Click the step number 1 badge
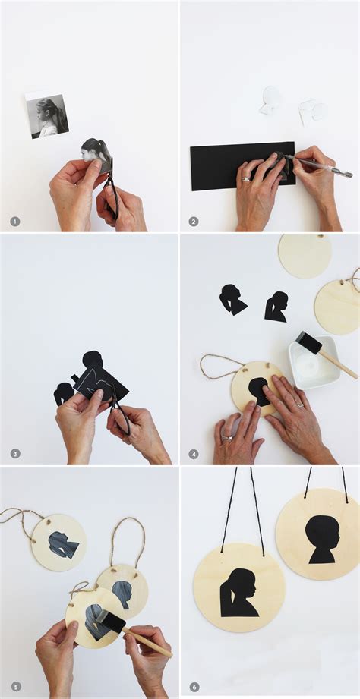coord(14,222)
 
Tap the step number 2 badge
coord(194,222)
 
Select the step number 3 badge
coord(14,454)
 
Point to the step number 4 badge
coord(194,454)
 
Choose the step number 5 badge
coord(14,687)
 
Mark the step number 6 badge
coord(194,687)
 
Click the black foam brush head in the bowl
coord(308,342)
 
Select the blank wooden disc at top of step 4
coord(304,255)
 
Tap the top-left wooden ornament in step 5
coord(58,542)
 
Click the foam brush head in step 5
coord(112,622)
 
